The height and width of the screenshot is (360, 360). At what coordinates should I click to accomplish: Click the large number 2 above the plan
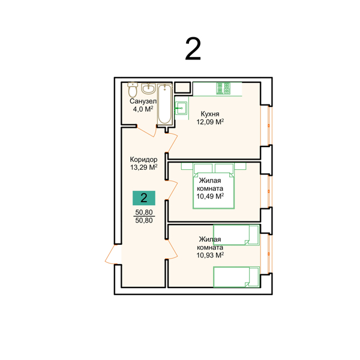point(193,49)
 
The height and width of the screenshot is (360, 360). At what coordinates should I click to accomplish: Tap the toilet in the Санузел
point(133,90)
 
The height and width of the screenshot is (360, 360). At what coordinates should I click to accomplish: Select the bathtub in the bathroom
point(165,104)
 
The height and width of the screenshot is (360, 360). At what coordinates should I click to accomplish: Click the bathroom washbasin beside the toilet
point(148,88)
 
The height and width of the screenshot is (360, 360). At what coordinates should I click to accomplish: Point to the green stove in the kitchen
point(223,88)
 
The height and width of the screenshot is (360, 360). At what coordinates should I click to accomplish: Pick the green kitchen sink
point(181,108)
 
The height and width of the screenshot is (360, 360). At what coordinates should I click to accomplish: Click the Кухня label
point(210,114)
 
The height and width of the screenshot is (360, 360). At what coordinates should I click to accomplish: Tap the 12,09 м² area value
point(210,122)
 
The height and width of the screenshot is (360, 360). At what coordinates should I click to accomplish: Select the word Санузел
point(143,101)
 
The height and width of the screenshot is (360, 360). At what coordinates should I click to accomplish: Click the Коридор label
point(144,160)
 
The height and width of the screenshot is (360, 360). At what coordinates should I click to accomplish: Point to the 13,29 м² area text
point(144,167)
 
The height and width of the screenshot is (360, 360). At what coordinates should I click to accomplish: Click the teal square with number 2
point(144,198)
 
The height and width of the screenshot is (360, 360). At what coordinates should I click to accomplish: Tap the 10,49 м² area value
point(210,196)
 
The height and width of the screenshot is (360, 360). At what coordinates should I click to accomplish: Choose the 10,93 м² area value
point(210,255)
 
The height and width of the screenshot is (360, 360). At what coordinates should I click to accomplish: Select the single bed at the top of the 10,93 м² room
point(236,235)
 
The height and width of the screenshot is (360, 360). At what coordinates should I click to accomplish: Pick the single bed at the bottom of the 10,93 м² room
point(236,277)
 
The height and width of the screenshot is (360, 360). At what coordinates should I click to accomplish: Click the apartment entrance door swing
point(110,254)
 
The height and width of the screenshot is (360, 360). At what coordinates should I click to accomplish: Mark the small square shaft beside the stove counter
point(182,88)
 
